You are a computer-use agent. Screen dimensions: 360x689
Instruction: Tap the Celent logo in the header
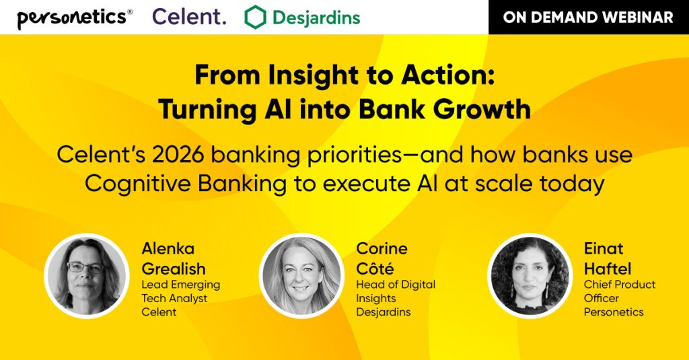pos(189,17)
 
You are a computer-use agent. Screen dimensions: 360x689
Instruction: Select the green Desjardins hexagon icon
pos(255,17)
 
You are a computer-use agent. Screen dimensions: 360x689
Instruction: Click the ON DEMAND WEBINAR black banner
pos(588,17)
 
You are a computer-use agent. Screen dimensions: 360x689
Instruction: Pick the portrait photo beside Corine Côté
pos(301,275)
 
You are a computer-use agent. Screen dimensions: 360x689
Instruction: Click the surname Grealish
pos(174,268)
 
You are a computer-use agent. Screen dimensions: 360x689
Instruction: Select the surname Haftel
pos(608,268)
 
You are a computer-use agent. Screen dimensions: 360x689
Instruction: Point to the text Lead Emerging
pos(180,285)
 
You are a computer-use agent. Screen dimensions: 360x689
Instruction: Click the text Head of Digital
pos(396,285)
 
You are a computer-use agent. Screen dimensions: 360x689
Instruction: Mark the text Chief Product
pos(619,285)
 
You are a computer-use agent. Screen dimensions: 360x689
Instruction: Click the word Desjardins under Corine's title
pos(383,312)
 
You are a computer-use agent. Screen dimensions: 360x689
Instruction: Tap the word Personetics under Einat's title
pos(614,312)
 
